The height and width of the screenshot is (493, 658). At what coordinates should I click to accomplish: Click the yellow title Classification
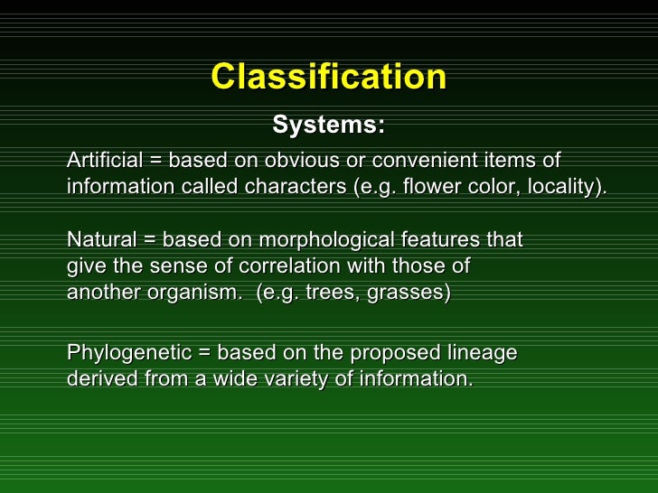(328, 77)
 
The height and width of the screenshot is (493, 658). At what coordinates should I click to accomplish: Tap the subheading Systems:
(328, 126)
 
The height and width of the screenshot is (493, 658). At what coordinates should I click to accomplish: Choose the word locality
(566, 187)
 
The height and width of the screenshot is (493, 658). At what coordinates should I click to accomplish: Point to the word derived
(102, 379)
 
